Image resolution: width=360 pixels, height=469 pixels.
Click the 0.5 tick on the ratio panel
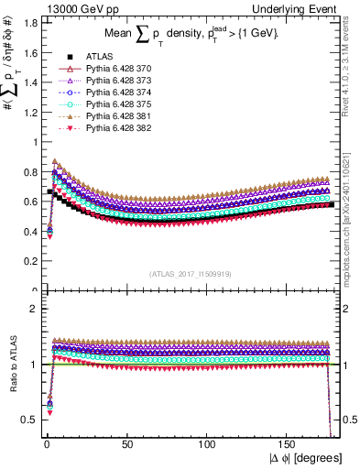pos(27,419)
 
